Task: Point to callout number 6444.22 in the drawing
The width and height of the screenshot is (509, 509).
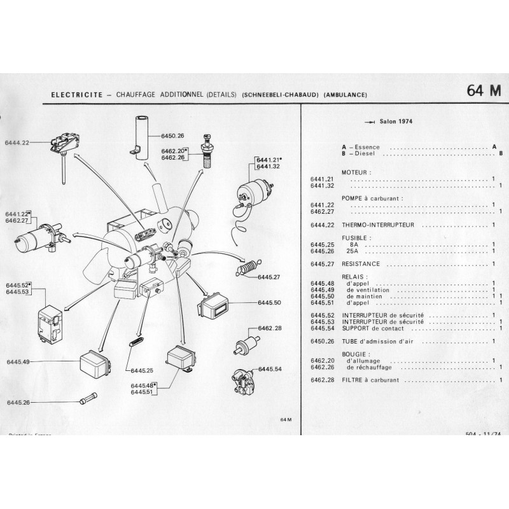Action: tap(17, 143)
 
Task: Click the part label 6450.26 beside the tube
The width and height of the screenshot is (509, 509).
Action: tap(172, 136)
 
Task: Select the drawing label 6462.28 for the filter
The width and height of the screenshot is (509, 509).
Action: tap(270, 328)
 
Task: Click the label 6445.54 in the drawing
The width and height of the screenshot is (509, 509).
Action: tap(270, 369)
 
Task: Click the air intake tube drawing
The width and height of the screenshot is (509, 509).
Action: tap(141, 132)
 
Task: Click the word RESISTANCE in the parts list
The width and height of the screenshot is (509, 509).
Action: tap(361, 263)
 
